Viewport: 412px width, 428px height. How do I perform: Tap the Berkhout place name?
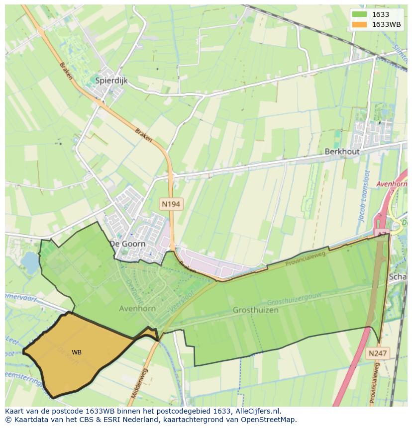pos(341,152)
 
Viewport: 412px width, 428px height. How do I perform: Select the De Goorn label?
pos(127,244)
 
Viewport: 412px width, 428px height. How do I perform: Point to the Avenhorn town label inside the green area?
pos(137,308)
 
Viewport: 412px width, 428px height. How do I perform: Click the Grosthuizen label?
pos(255,310)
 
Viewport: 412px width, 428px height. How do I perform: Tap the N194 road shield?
pos(170,204)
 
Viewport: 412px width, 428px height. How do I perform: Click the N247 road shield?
pos(378,353)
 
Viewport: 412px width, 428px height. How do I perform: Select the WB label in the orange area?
pos(77,352)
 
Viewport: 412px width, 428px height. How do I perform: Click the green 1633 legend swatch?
pos(359,14)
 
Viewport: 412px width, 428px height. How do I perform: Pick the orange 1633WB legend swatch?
pos(359,24)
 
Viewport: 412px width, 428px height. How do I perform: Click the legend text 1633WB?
pos(386,24)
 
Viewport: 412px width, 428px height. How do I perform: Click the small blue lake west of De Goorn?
pos(30,262)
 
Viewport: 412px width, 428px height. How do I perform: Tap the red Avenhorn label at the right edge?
pos(392,184)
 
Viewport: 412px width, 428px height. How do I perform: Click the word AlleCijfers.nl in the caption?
pos(258,411)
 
